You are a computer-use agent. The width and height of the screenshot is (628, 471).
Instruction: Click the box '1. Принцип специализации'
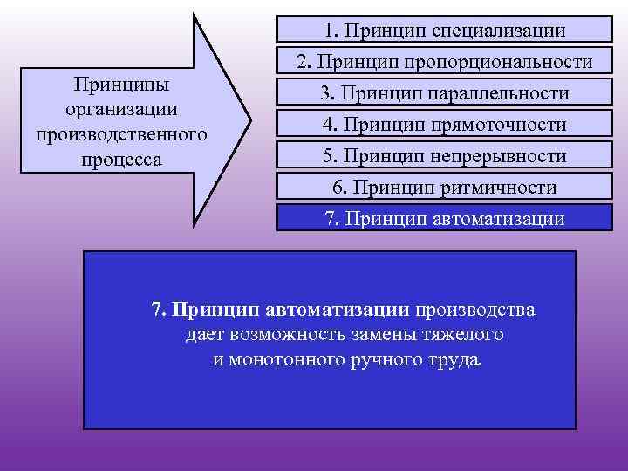pyautogui.click(x=444, y=31)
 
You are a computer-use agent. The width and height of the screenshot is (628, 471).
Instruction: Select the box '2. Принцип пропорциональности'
pyautogui.click(x=444, y=63)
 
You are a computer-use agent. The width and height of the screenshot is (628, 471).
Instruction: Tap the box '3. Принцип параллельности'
pyautogui.click(x=444, y=93)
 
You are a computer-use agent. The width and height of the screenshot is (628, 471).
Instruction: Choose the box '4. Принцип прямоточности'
pyautogui.click(x=444, y=125)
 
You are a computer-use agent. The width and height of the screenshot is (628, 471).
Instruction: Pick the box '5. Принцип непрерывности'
pyautogui.click(x=444, y=156)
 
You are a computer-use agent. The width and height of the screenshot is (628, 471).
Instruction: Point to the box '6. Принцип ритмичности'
pyautogui.click(x=444, y=188)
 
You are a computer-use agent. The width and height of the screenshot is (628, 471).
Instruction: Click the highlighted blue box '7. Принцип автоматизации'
pyautogui.click(x=444, y=218)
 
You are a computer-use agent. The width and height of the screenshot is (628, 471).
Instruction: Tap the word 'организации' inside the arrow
pyautogui.click(x=121, y=110)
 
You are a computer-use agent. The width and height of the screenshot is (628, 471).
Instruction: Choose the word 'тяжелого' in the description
pyautogui.click(x=467, y=335)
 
